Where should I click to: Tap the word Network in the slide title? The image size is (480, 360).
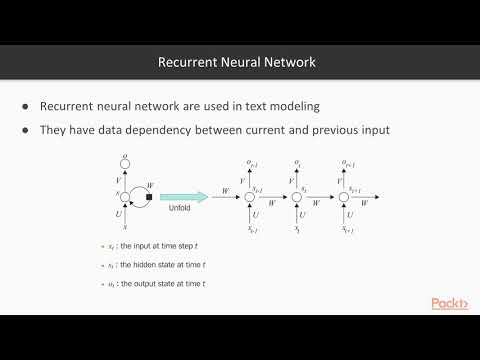click(x=290, y=62)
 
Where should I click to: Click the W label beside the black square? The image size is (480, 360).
click(x=149, y=183)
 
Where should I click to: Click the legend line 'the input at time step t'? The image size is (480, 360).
click(x=159, y=246)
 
